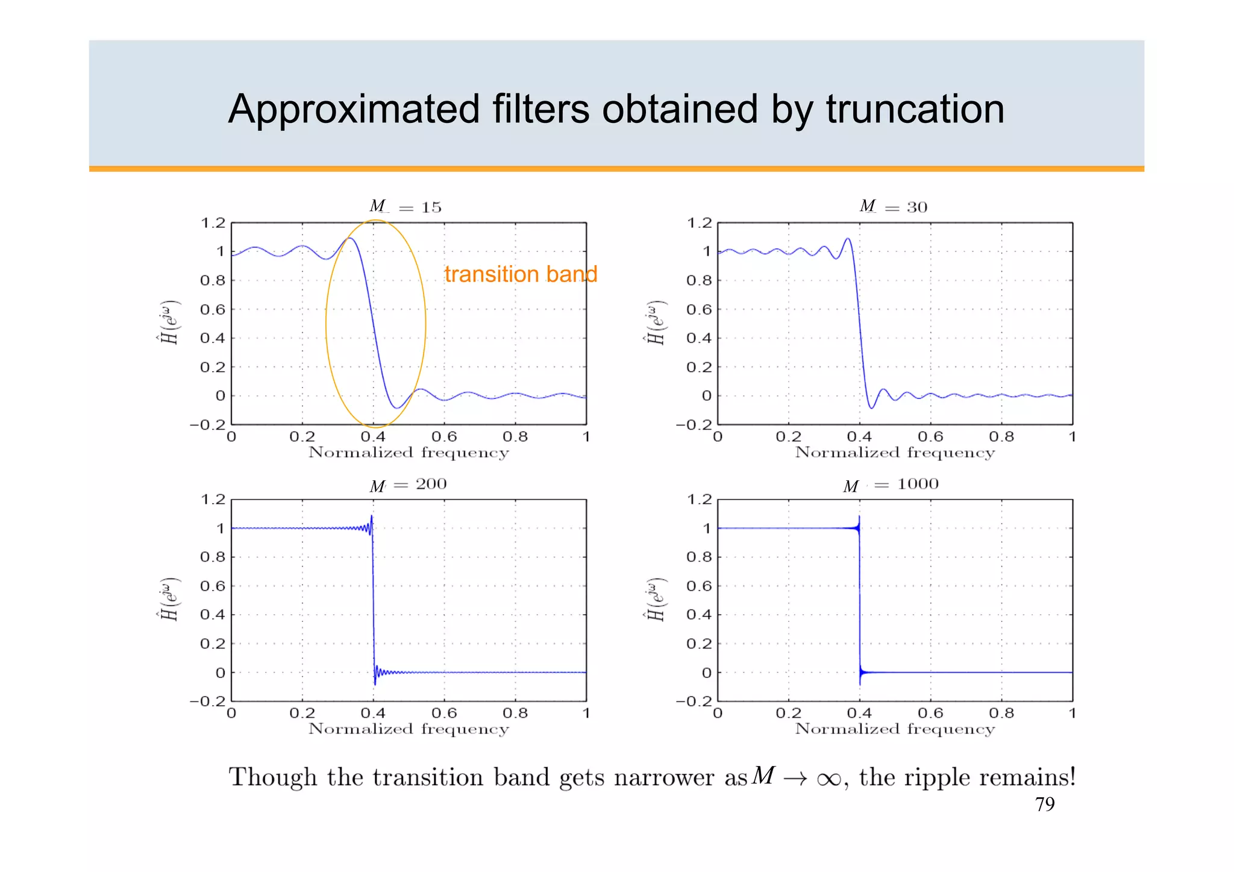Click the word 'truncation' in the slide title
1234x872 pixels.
[915, 110]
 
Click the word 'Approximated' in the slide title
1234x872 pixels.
[354, 110]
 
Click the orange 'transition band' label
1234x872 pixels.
[521, 274]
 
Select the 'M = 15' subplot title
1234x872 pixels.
[406, 207]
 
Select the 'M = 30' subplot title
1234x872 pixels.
[893, 207]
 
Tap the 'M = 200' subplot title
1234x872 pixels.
[408, 485]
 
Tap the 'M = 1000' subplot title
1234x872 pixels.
[891, 485]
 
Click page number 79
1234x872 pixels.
[1045, 805]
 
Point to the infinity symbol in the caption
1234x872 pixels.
[828, 779]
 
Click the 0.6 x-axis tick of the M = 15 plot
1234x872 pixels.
[444, 436]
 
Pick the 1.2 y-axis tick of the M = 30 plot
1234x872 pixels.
[699, 223]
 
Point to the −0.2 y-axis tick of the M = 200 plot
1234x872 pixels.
[207, 701]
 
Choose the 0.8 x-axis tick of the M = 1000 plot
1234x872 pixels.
[1001, 714]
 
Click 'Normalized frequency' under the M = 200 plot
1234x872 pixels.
[409, 729]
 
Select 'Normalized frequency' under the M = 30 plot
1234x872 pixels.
[895, 453]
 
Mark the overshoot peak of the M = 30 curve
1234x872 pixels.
[848, 239]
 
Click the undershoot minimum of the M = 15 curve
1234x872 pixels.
[396, 408]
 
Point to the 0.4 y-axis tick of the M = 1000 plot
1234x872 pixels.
[699, 615]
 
